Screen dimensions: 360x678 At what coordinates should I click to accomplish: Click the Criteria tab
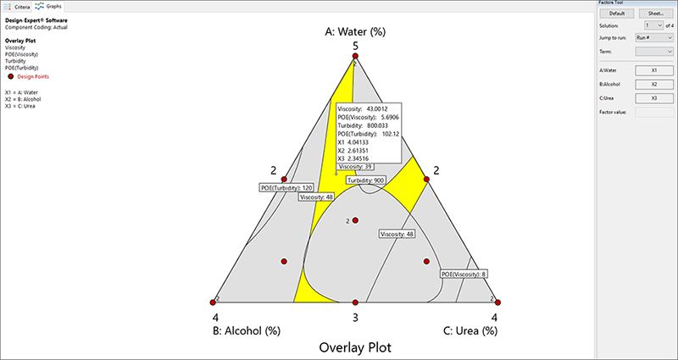coord(18,6)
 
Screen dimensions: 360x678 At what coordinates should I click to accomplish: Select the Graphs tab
coord(51,6)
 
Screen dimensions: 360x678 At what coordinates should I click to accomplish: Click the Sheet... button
coord(655,14)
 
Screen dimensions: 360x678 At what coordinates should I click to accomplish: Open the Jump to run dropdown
coord(655,38)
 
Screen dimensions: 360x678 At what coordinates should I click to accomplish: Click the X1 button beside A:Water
coord(655,71)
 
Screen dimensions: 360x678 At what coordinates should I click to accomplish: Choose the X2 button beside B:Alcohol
coord(655,85)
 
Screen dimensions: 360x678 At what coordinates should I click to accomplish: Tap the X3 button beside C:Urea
coord(655,98)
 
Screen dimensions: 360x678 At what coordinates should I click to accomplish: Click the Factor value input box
coord(655,112)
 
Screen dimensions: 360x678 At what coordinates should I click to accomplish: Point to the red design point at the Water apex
coord(356,56)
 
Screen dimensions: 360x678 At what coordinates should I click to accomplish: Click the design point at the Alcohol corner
coord(214,302)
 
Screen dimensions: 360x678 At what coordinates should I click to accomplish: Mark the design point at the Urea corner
coord(497,302)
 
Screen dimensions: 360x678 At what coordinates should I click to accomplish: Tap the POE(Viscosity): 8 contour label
coord(464,274)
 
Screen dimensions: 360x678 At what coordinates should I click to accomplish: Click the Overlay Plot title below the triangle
coord(356,347)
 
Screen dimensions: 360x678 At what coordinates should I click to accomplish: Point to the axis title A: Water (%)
coord(356,32)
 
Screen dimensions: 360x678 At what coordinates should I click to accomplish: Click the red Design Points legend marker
coord(11,76)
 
